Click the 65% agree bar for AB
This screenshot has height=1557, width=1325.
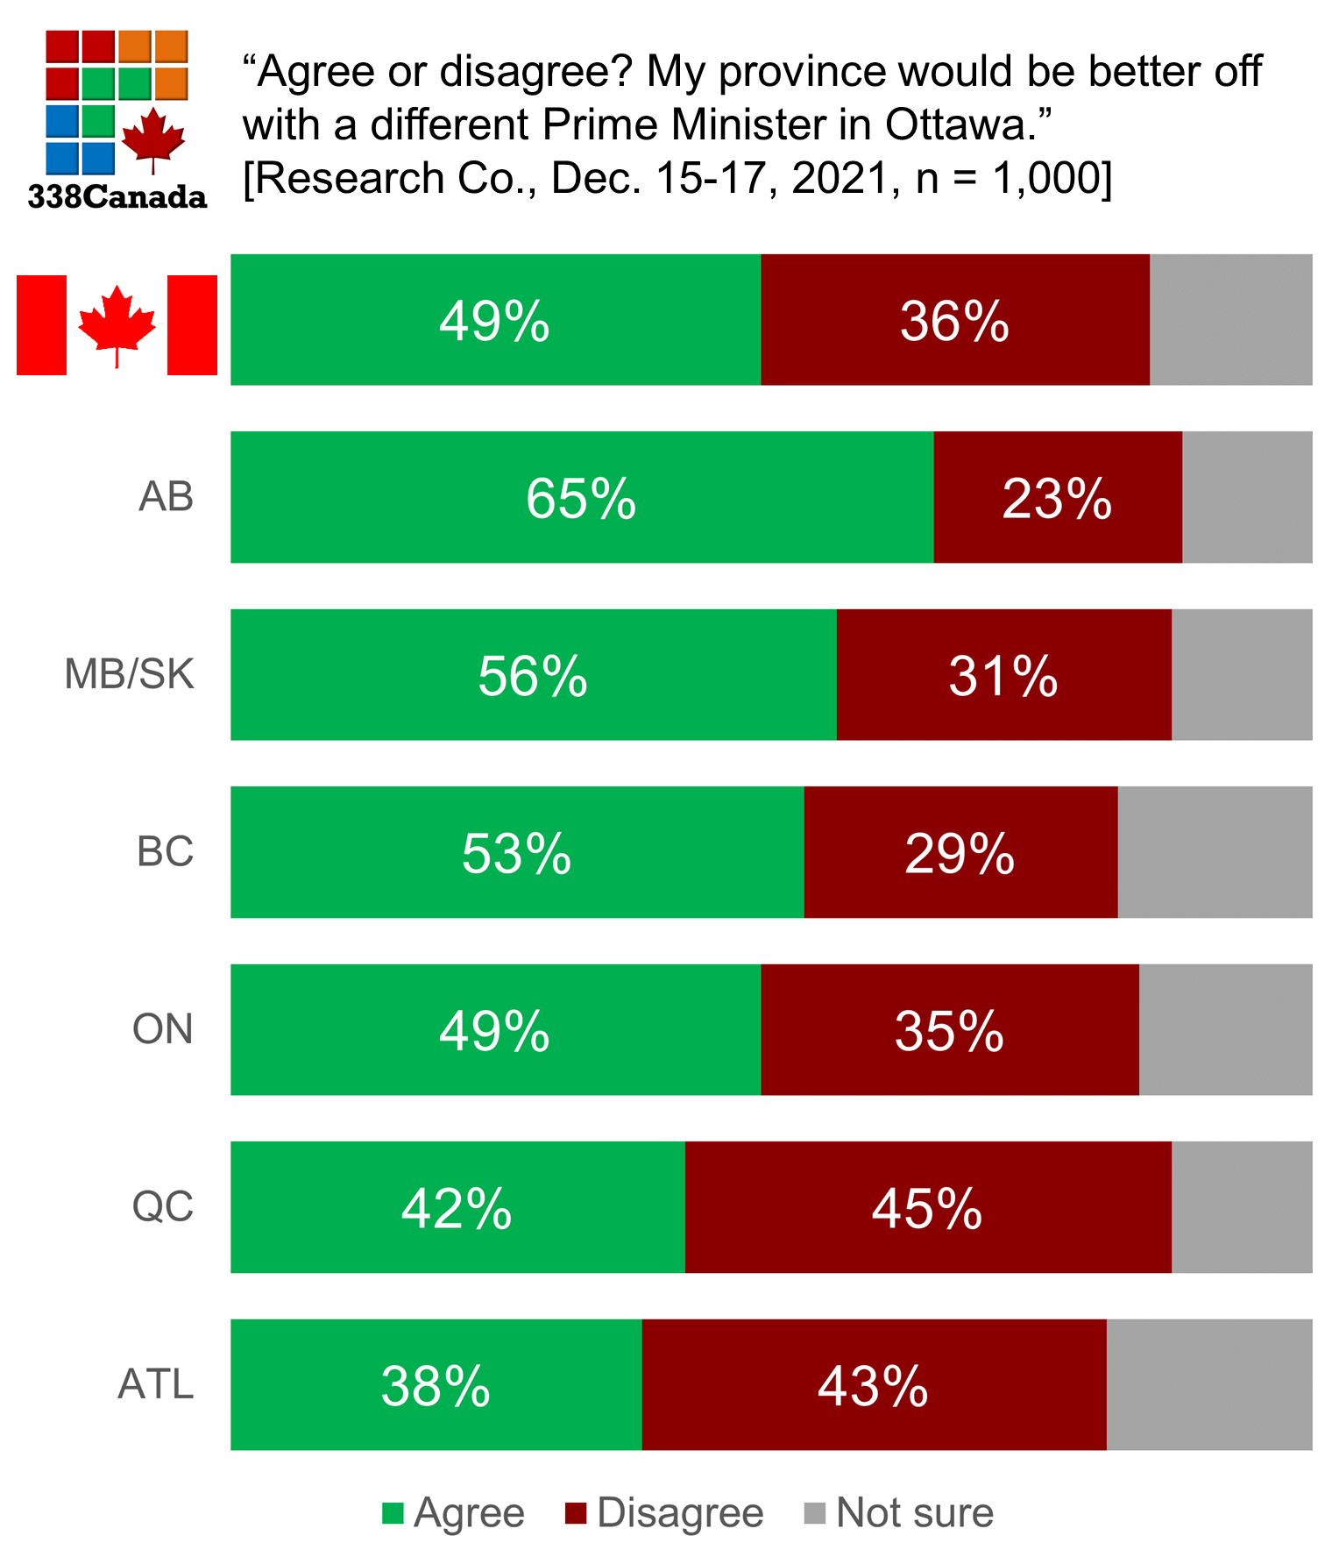pyautogui.click(x=582, y=497)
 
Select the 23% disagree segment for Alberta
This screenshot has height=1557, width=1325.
pyautogui.click(x=1057, y=497)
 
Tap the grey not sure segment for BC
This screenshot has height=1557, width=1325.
pyautogui.click(x=1214, y=852)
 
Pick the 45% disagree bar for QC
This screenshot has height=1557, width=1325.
pyautogui.click(x=927, y=1207)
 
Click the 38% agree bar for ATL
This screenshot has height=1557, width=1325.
pyautogui.click(x=436, y=1385)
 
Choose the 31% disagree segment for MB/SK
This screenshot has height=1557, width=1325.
pyautogui.click(x=1003, y=675)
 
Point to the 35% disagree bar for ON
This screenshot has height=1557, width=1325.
pyautogui.click(x=949, y=1030)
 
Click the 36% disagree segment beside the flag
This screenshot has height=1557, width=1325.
pyautogui.click(x=954, y=320)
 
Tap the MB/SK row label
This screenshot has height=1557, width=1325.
pyautogui.click(x=130, y=675)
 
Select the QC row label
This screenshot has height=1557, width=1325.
pyautogui.click(x=163, y=1207)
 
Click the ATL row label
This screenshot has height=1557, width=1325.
pyautogui.click(x=156, y=1385)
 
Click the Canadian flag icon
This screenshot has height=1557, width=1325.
pyautogui.click(x=117, y=325)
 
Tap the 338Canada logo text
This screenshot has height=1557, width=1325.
pyautogui.click(x=117, y=196)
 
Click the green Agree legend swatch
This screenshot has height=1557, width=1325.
pyautogui.click(x=393, y=1514)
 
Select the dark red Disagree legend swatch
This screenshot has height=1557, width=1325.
pyautogui.click(x=576, y=1514)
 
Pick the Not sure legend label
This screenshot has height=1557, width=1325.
pyautogui.click(x=914, y=1514)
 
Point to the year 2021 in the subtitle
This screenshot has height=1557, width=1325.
pyautogui.click(x=841, y=179)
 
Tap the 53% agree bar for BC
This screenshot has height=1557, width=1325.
pyautogui.click(x=517, y=852)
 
